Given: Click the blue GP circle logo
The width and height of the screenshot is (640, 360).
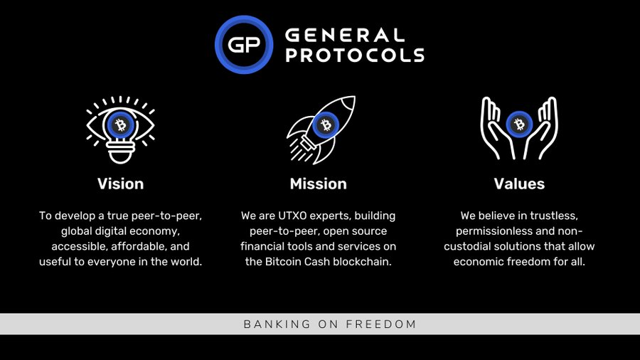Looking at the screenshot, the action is [244, 45].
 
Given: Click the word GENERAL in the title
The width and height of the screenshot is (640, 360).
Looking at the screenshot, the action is [345, 35].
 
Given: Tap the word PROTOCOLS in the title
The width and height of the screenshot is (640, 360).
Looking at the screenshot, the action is [355, 55].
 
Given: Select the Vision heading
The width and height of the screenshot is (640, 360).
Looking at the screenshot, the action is [120, 184].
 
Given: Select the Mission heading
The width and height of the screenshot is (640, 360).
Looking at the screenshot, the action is [319, 184].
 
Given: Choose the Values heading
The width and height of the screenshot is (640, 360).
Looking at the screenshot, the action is [519, 184].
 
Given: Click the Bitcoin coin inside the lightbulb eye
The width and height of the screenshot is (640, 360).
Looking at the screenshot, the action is [120, 125].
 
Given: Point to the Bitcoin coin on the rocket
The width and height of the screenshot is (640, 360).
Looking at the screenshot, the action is [326, 125].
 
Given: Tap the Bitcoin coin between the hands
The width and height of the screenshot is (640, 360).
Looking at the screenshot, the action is [519, 124].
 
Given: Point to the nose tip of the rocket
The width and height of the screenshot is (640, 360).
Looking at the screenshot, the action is [353, 97].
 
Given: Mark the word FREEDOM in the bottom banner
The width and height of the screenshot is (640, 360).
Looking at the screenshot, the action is [381, 324].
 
